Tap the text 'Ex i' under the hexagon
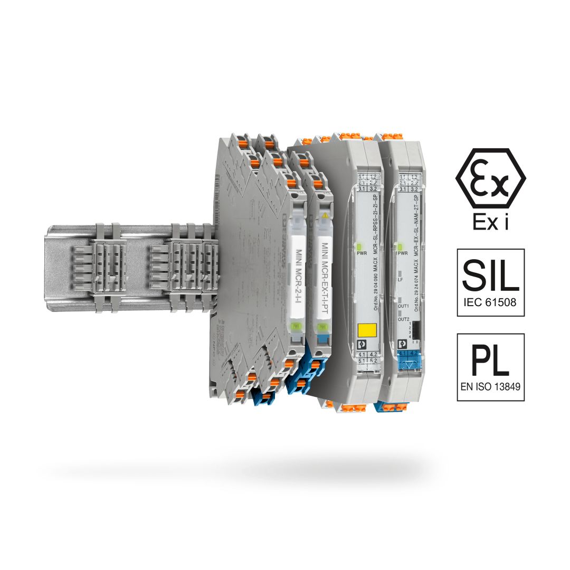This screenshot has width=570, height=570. pyautogui.click(x=490, y=223)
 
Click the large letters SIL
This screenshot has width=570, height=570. pyautogui.click(x=490, y=275)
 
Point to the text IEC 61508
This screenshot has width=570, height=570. pyautogui.click(x=490, y=303)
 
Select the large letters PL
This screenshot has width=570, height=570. pyautogui.click(x=490, y=360)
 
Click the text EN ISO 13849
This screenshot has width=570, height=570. pyautogui.click(x=490, y=386)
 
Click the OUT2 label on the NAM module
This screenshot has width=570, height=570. pyautogui.click(x=404, y=319)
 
